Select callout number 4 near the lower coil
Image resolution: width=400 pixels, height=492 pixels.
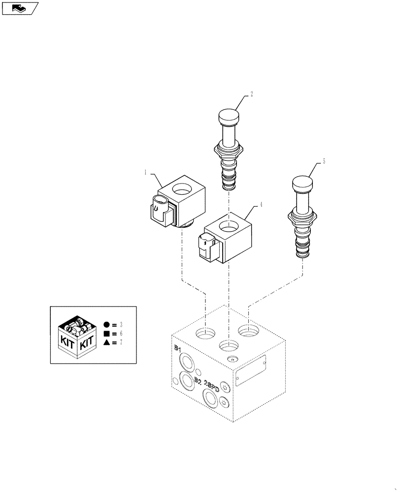(261, 205)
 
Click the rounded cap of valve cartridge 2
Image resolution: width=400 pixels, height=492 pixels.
(228, 118)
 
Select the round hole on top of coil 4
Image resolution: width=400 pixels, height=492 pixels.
(228, 227)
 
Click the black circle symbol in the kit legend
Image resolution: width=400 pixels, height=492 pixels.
(107, 325)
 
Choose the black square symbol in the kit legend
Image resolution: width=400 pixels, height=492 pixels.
(107, 334)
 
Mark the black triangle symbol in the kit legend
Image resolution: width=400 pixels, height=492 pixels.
(107, 343)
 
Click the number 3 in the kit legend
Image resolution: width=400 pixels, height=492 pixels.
(121, 325)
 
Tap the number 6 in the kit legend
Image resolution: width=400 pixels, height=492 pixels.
(121, 334)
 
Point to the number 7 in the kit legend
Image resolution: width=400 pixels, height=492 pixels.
(121, 343)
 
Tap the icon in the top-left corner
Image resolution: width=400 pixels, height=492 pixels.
(20, 8)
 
